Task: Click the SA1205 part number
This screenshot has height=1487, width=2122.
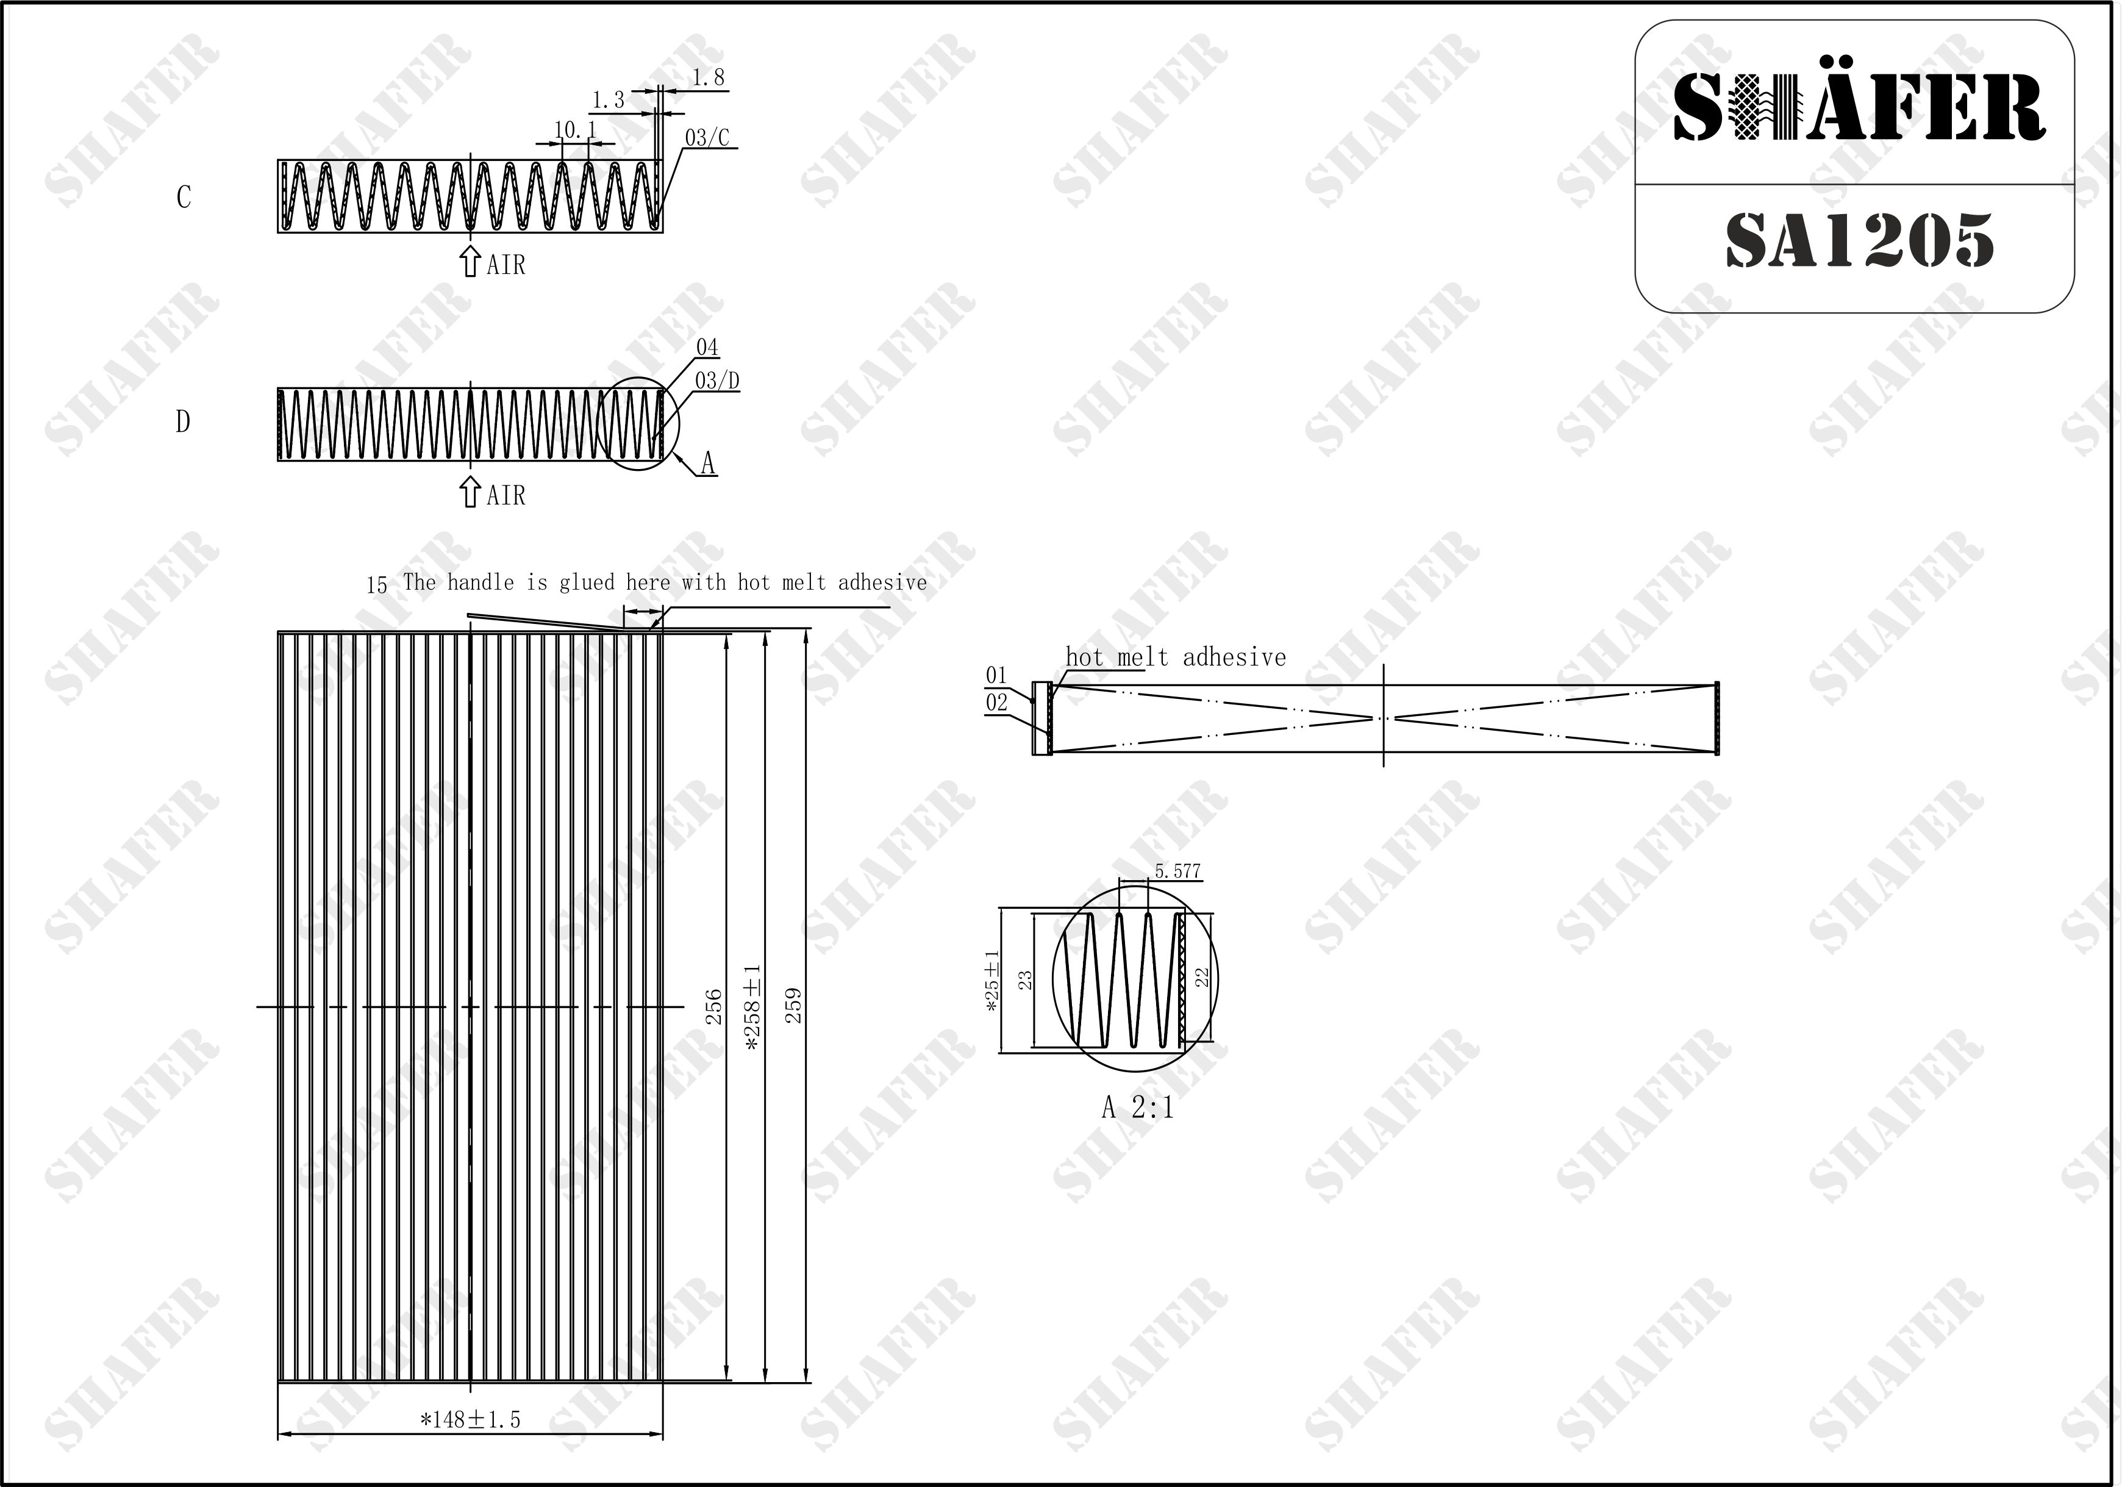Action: pyautogui.click(x=1860, y=240)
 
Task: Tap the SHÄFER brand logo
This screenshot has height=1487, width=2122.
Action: pyautogui.click(x=1860, y=108)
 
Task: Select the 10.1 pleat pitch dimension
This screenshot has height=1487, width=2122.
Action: pyautogui.click(x=576, y=131)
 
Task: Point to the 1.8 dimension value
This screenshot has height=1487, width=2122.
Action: pyautogui.click(x=708, y=77)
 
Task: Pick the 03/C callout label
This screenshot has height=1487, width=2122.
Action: pyautogui.click(x=707, y=138)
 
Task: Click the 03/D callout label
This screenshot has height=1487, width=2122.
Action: pyautogui.click(x=717, y=381)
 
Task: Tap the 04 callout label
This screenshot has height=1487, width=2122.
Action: pyautogui.click(x=707, y=348)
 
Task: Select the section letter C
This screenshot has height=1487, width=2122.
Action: pyautogui.click(x=184, y=197)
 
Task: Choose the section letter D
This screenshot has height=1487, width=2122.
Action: pyautogui.click(x=183, y=421)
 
